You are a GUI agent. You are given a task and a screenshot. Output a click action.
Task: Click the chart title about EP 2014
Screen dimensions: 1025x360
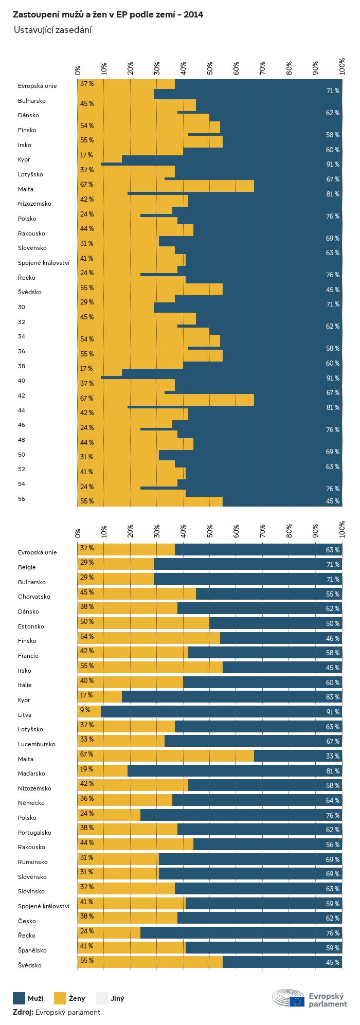point(107,15)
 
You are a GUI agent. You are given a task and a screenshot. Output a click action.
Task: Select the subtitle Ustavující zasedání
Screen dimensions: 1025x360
point(52,30)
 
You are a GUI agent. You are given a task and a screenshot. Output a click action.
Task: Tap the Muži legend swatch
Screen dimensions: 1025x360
point(19,998)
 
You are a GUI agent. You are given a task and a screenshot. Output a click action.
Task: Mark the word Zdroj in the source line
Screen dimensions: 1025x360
point(23,1012)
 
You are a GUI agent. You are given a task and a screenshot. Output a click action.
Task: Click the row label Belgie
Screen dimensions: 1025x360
point(27,567)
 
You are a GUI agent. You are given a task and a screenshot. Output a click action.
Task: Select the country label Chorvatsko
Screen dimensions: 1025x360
point(34,597)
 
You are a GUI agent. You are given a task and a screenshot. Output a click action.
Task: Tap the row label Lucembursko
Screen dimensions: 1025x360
point(37,744)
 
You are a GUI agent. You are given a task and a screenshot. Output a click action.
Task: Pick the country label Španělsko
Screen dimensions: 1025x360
point(33,950)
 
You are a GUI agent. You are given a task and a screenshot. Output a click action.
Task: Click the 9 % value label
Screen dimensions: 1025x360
point(85,710)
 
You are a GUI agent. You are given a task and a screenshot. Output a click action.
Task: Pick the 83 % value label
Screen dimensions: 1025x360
point(332,697)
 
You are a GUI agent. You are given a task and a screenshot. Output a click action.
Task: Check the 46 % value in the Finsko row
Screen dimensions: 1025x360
point(332,638)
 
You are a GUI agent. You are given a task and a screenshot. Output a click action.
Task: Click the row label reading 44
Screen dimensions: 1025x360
point(22,410)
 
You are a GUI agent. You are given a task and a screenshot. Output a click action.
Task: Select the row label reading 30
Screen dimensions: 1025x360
point(22,307)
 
